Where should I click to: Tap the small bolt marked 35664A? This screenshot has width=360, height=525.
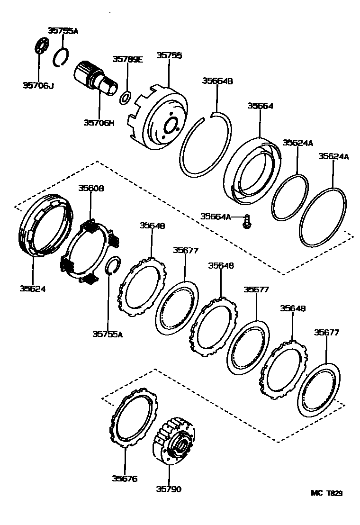(x=247, y=222)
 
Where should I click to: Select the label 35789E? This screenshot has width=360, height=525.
(x=127, y=59)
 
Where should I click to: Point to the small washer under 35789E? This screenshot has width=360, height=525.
(x=126, y=98)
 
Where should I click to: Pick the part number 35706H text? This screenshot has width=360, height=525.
(x=99, y=123)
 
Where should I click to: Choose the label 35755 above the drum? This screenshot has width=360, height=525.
(x=169, y=55)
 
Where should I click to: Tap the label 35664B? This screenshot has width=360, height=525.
(x=217, y=81)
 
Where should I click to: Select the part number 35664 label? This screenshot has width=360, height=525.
(x=260, y=106)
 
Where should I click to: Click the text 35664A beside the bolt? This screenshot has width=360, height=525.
(x=216, y=217)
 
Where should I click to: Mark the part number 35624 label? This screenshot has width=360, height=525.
(x=33, y=288)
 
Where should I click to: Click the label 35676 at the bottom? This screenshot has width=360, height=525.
(x=125, y=479)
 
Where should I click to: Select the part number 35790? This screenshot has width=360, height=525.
(x=168, y=489)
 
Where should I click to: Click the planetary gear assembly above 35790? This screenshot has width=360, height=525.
(x=176, y=440)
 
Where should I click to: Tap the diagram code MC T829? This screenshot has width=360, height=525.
(x=326, y=493)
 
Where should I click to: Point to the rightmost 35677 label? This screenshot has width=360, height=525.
(x=326, y=333)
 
